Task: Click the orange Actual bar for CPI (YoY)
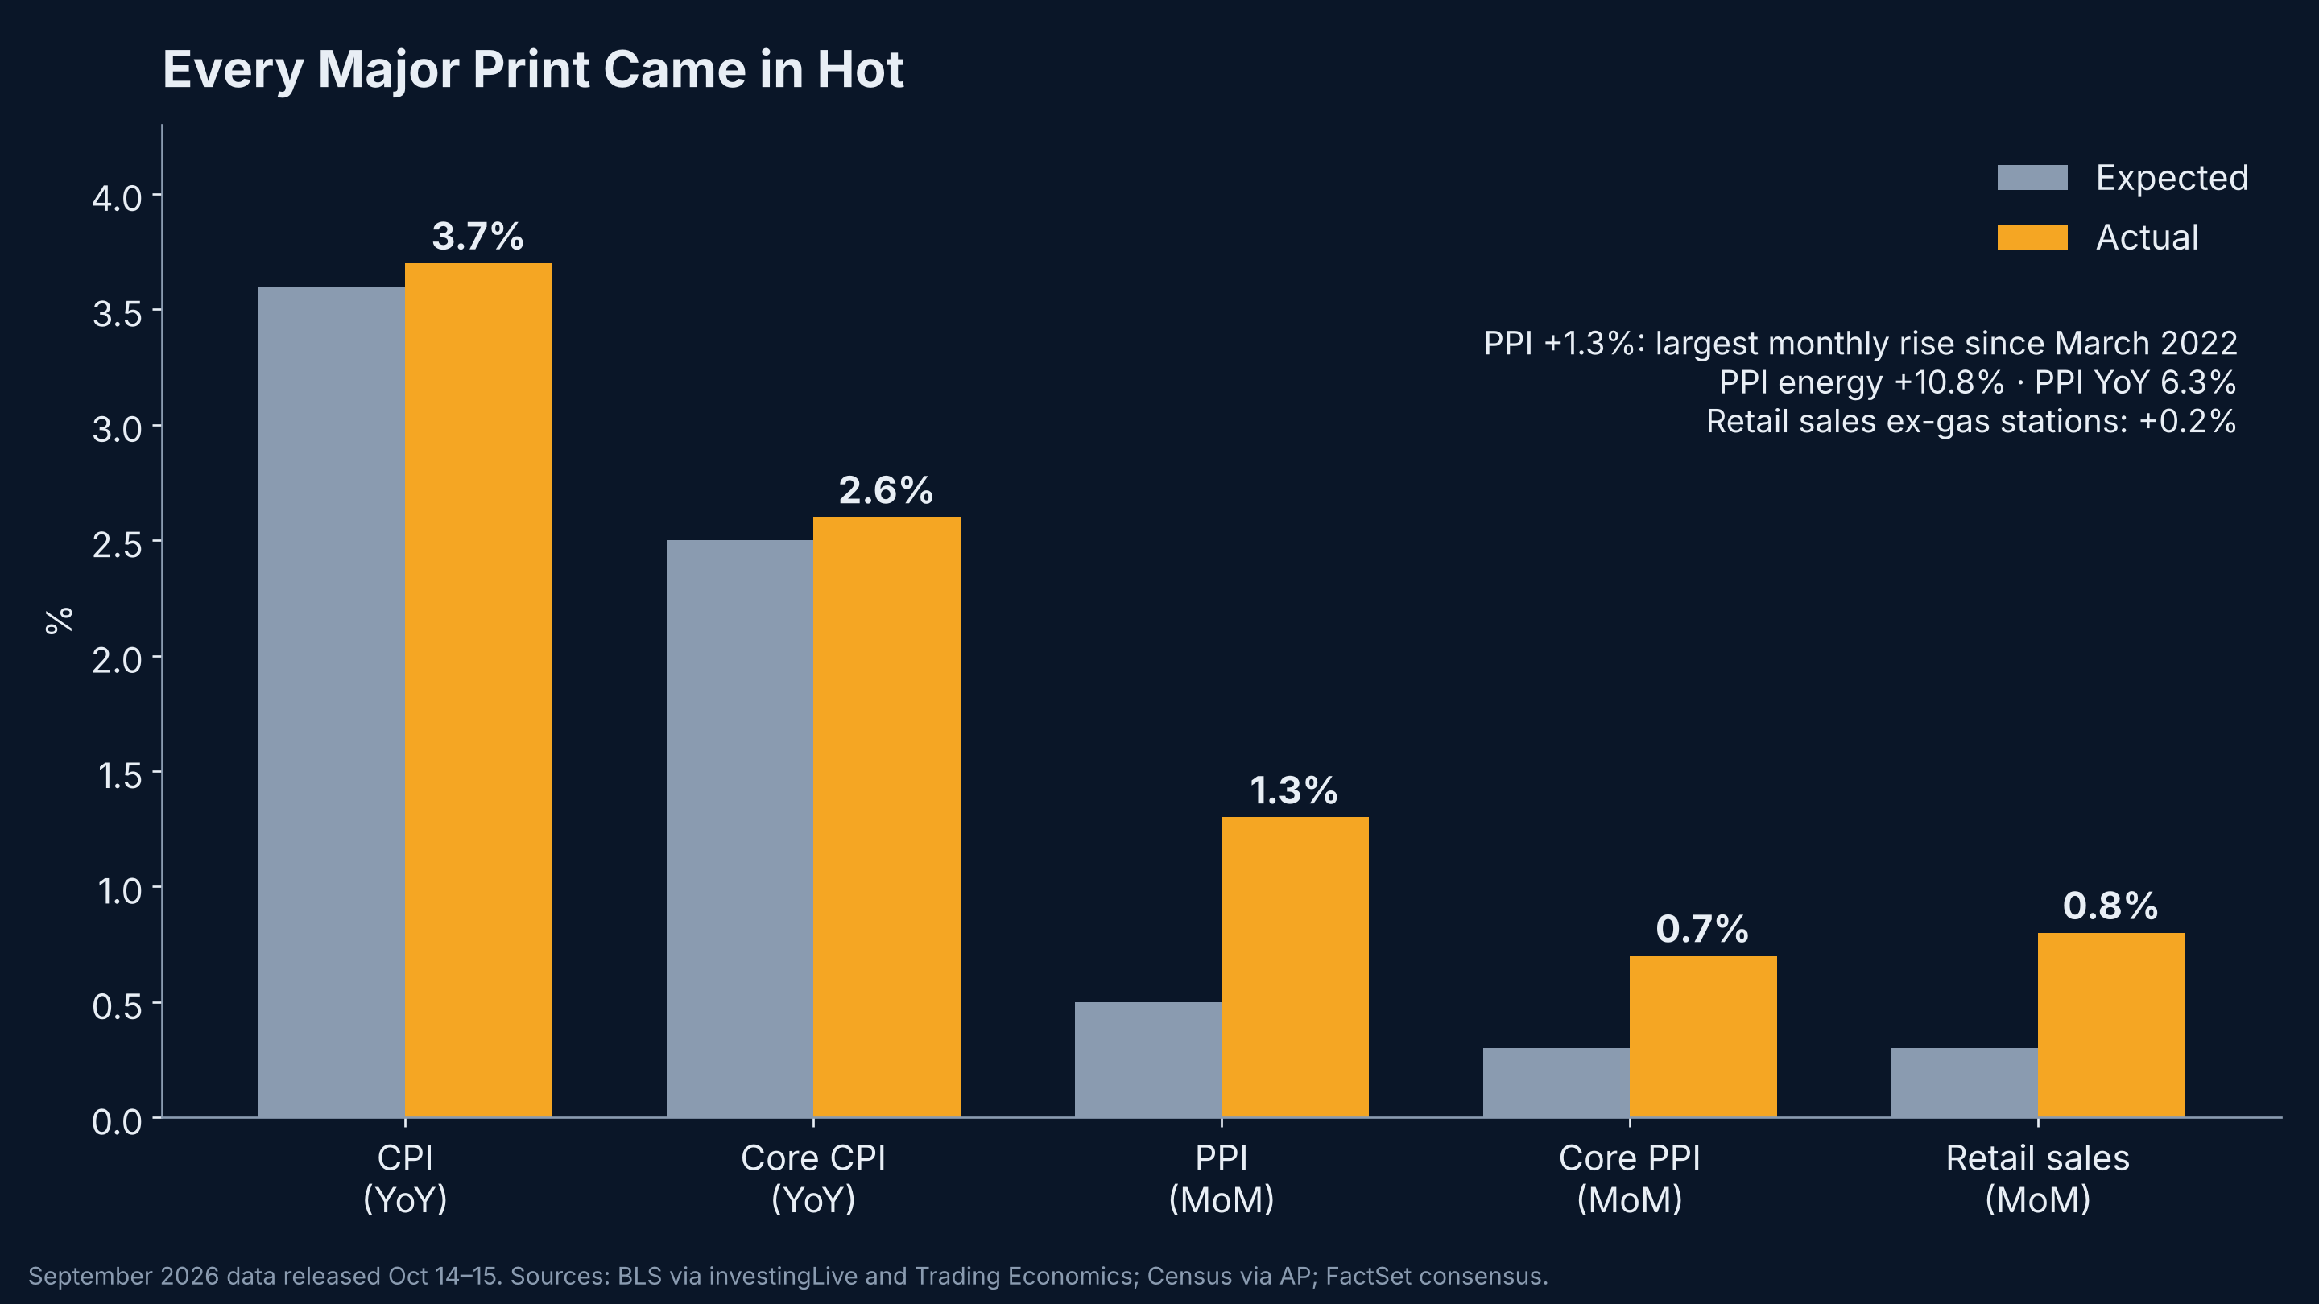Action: [x=478, y=691]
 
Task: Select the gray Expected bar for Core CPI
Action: [x=740, y=829]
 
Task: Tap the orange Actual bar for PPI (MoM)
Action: [x=1295, y=968]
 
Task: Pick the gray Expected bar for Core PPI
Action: [x=1556, y=1083]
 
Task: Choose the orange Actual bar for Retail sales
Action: [x=2111, y=1025]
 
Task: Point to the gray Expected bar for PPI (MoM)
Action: [x=1147, y=1060]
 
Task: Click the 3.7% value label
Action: [x=478, y=237]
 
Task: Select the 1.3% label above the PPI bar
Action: [x=1294, y=791]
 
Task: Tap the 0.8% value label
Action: [x=2110, y=906]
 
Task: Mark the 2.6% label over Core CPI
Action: [x=886, y=490]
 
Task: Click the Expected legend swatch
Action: [x=2032, y=177]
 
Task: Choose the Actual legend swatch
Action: [x=2032, y=237]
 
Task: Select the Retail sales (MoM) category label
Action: [x=2037, y=1179]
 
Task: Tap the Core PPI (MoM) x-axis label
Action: [x=1630, y=1179]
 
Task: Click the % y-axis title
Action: [x=60, y=621]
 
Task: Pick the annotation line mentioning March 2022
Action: [x=1860, y=344]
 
